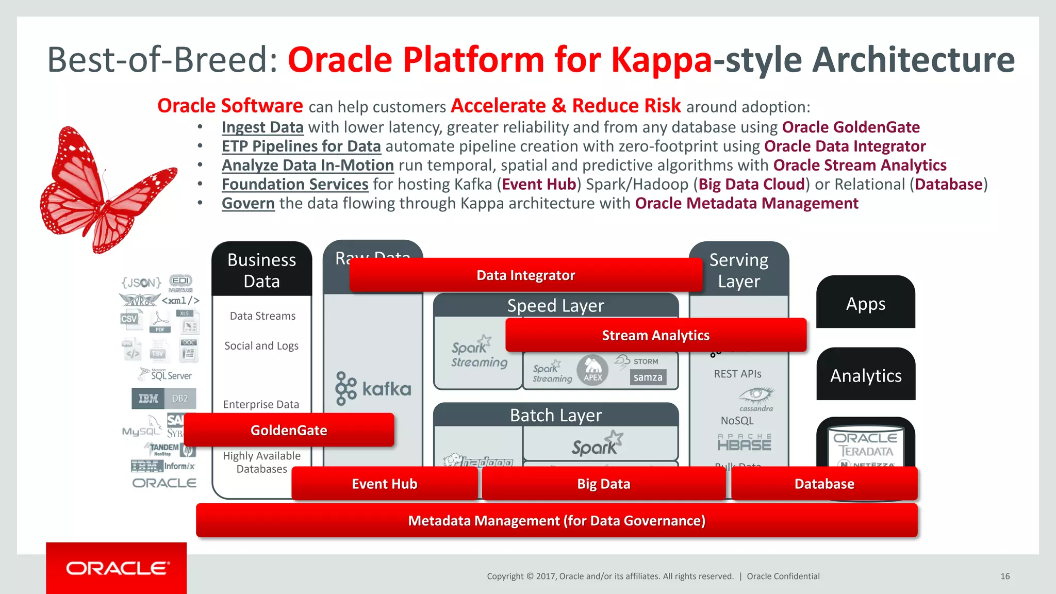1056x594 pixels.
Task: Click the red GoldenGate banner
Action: (x=289, y=430)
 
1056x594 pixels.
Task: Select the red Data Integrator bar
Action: (x=525, y=275)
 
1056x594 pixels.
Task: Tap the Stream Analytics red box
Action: (x=655, y=335)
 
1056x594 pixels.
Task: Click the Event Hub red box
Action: (x=384, y=484)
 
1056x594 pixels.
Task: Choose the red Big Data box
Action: (x=603, y=484)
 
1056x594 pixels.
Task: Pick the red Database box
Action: (x=824, y=484)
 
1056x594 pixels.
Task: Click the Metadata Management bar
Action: (x=556, y=521)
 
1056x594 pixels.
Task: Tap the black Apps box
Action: (x=865, y=303)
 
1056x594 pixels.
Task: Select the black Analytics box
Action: (x=865, y=375)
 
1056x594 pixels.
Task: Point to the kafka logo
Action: (x=373, y=388)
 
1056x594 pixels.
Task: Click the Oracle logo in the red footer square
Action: (x=117, y=568)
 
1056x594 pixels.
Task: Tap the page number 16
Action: (x=1005, y=576)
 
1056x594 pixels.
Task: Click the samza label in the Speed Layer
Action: (x=648, y=377)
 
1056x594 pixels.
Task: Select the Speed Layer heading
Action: (x=555, y=306)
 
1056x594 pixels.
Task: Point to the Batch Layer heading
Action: (x=555, y=415)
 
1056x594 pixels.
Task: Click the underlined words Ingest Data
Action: (x=262, y=127)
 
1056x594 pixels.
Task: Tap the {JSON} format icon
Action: (x=141, y=282)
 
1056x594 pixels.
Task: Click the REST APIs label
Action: (x=737, y=374)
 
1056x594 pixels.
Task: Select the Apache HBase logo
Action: (x=744, y=442)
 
